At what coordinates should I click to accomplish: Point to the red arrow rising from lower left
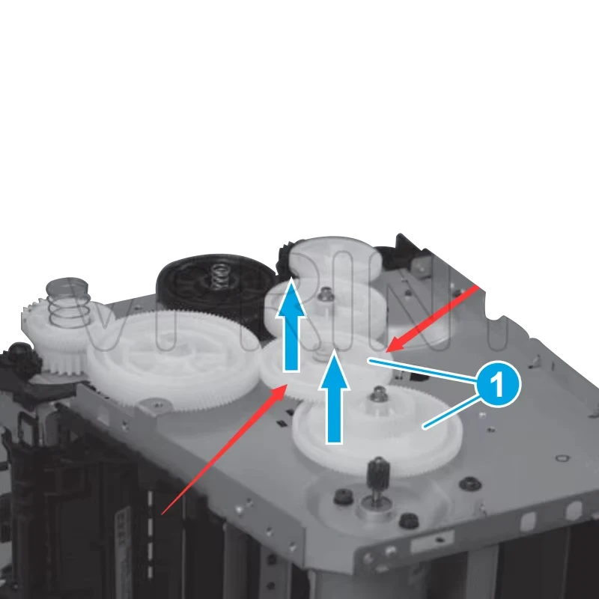pyautogui.click(x=225, y=449)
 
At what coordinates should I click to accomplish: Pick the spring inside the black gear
pyautogui.click(x=218, y=276)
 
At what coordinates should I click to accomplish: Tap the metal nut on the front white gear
pyautogui.click(x=380, y=394)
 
